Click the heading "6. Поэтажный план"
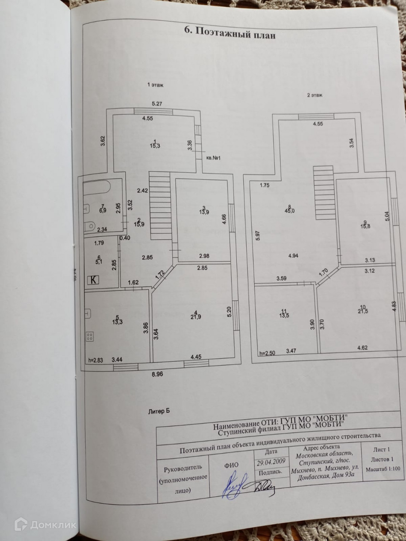coord(230,33)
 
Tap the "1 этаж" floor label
coord(155,85)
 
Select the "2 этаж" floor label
coord(315,95)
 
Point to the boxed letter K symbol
coord(93,280)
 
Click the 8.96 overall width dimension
coord(157,374)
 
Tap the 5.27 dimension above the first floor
coord(157,104)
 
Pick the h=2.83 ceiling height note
coord(95,360)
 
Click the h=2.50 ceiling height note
coord(268,353)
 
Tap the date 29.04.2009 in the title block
coord(270,461)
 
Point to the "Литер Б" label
coord(159,411)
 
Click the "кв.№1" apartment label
coord(213,158)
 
